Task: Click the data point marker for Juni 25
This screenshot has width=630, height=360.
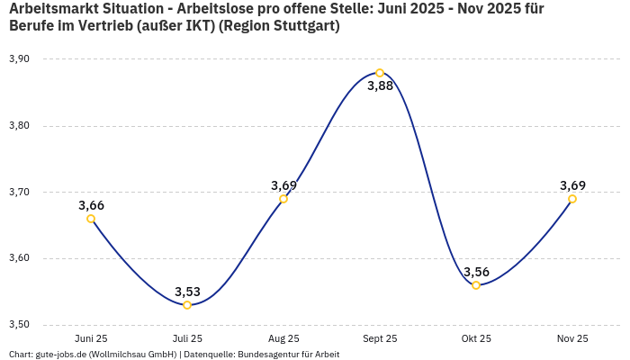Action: (x=91, y=219)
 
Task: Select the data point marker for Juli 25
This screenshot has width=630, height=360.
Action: (x=187, y=305)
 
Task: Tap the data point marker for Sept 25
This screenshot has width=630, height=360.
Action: (x=380, y=73)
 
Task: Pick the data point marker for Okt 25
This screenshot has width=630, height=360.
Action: (x=476, y=285)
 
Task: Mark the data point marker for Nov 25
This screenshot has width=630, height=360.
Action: (x=572, y=199)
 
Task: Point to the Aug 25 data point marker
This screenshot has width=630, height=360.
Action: (x=283, y=199)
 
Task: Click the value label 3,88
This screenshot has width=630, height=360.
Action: (x=380, y=86)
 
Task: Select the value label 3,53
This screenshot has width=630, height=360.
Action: (x=187, y=292)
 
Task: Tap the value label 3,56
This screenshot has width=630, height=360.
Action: (x=476, y=272)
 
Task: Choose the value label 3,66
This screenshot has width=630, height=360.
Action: (x=91, y=205)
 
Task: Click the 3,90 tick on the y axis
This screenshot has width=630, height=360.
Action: (x=19, y=59)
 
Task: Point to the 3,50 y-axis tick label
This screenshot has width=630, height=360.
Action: (x=19, y=325)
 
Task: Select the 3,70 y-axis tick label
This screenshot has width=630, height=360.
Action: (x=19, y=192)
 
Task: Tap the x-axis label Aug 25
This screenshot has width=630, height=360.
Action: (x=283, y=339)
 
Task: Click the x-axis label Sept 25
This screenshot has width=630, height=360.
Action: (x=380, y=339)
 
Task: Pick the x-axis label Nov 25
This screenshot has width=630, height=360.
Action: (x=572, y=339)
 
